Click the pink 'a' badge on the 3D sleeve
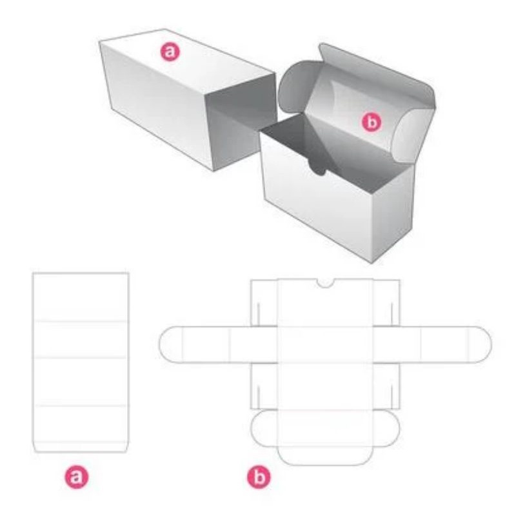170,52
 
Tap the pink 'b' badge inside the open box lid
372,122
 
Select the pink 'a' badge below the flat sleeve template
76,477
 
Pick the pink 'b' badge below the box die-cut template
259,477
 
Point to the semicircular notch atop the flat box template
325,283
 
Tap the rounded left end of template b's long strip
170,344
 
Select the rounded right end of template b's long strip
480,344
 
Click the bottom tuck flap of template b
325,456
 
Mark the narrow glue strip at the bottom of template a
80,447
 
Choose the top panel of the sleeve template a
80,296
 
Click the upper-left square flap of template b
264,303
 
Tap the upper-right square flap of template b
386,303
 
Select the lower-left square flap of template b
264,386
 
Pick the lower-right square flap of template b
386,386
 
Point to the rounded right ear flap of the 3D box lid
413,135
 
